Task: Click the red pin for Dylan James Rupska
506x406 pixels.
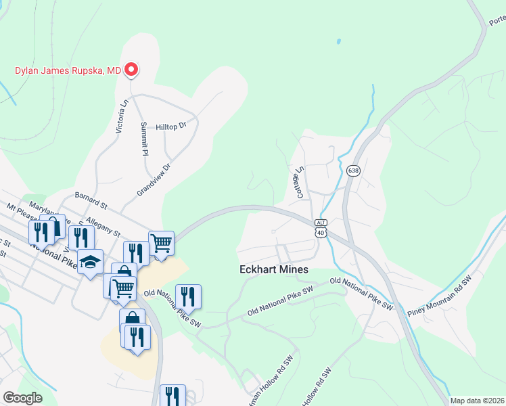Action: (133, 69)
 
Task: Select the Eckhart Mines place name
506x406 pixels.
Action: (274, 269)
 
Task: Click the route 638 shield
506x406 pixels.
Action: (353, 171)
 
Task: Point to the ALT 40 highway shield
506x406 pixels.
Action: (321, 228)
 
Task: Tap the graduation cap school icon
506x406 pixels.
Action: (90, 261)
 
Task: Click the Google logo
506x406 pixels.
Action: (22, 398)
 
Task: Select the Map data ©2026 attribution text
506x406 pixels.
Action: (477, 401)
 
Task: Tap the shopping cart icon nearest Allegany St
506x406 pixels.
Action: (161, 242)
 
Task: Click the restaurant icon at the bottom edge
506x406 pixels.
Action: (172, 395)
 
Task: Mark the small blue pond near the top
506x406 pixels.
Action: (337, 42)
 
